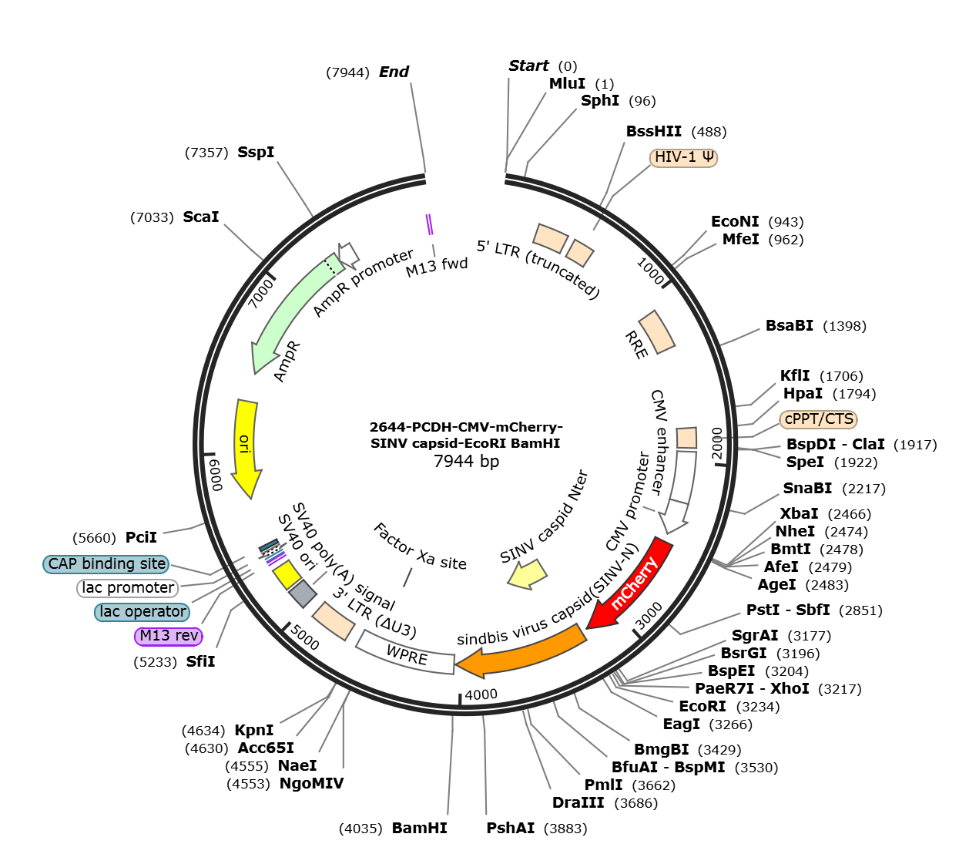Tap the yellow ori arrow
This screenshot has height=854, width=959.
pyautogui.click(x=246, y=448)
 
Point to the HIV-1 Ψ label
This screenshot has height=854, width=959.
pyautogui.click(x=683, y=157)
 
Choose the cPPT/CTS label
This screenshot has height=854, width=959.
pyautogui.click(x=818, y=419)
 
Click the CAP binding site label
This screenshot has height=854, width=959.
pyautogui.click(x=106, y=563)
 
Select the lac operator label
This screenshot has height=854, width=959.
pyautogui.click(x=142, y=611)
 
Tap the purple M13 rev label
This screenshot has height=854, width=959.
pyautogui.click(x=169, y=636)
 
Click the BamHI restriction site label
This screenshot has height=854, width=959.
pyautogui.click(x=419, y=828)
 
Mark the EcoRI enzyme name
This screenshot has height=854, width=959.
pyautogui.click(x=702, y=706)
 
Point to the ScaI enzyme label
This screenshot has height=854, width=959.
pyautogui.click(x=201, y=217)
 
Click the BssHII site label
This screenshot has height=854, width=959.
pyautogui.click(x=654, y=131)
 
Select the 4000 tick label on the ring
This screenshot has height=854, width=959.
pyautogui.click(x=481, y=694)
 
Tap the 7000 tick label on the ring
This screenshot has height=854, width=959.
pyautogui.click(x=261, y=293)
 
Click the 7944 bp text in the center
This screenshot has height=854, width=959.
pyautogui.click(x=466, y=461)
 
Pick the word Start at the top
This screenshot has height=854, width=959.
pyautogui.click(x=528, y=66)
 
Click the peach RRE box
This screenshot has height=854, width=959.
pyautogui.click(x=656, y=332)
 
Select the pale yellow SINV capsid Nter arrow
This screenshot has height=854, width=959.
pyautogui.click(x=528, y=574)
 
